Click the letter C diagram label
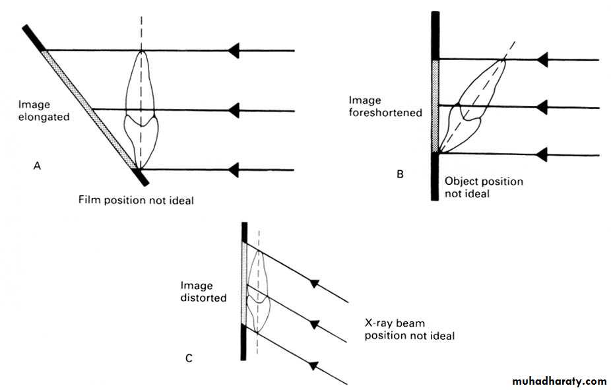(189, 359)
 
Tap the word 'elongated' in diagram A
(44, 117)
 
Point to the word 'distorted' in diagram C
(203, 298)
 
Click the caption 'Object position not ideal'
(484, 187)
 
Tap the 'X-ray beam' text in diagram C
(395, 323)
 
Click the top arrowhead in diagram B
(542, 59)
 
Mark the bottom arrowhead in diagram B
(542, 155)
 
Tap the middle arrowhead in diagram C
(315, 323)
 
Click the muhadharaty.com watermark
(558, 381)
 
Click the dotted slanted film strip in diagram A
(89, 109)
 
